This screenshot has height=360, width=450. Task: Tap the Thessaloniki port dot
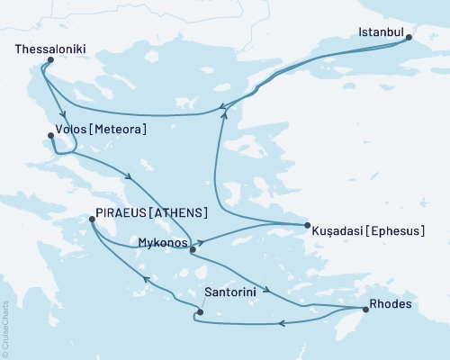(49, 60)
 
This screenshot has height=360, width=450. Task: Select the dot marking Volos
(49, 137)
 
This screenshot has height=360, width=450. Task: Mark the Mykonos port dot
(193, 251)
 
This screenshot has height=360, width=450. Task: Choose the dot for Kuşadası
(307, 225)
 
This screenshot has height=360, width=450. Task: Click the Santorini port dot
(200, 312)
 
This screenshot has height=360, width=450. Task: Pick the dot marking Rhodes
(365, 310)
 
